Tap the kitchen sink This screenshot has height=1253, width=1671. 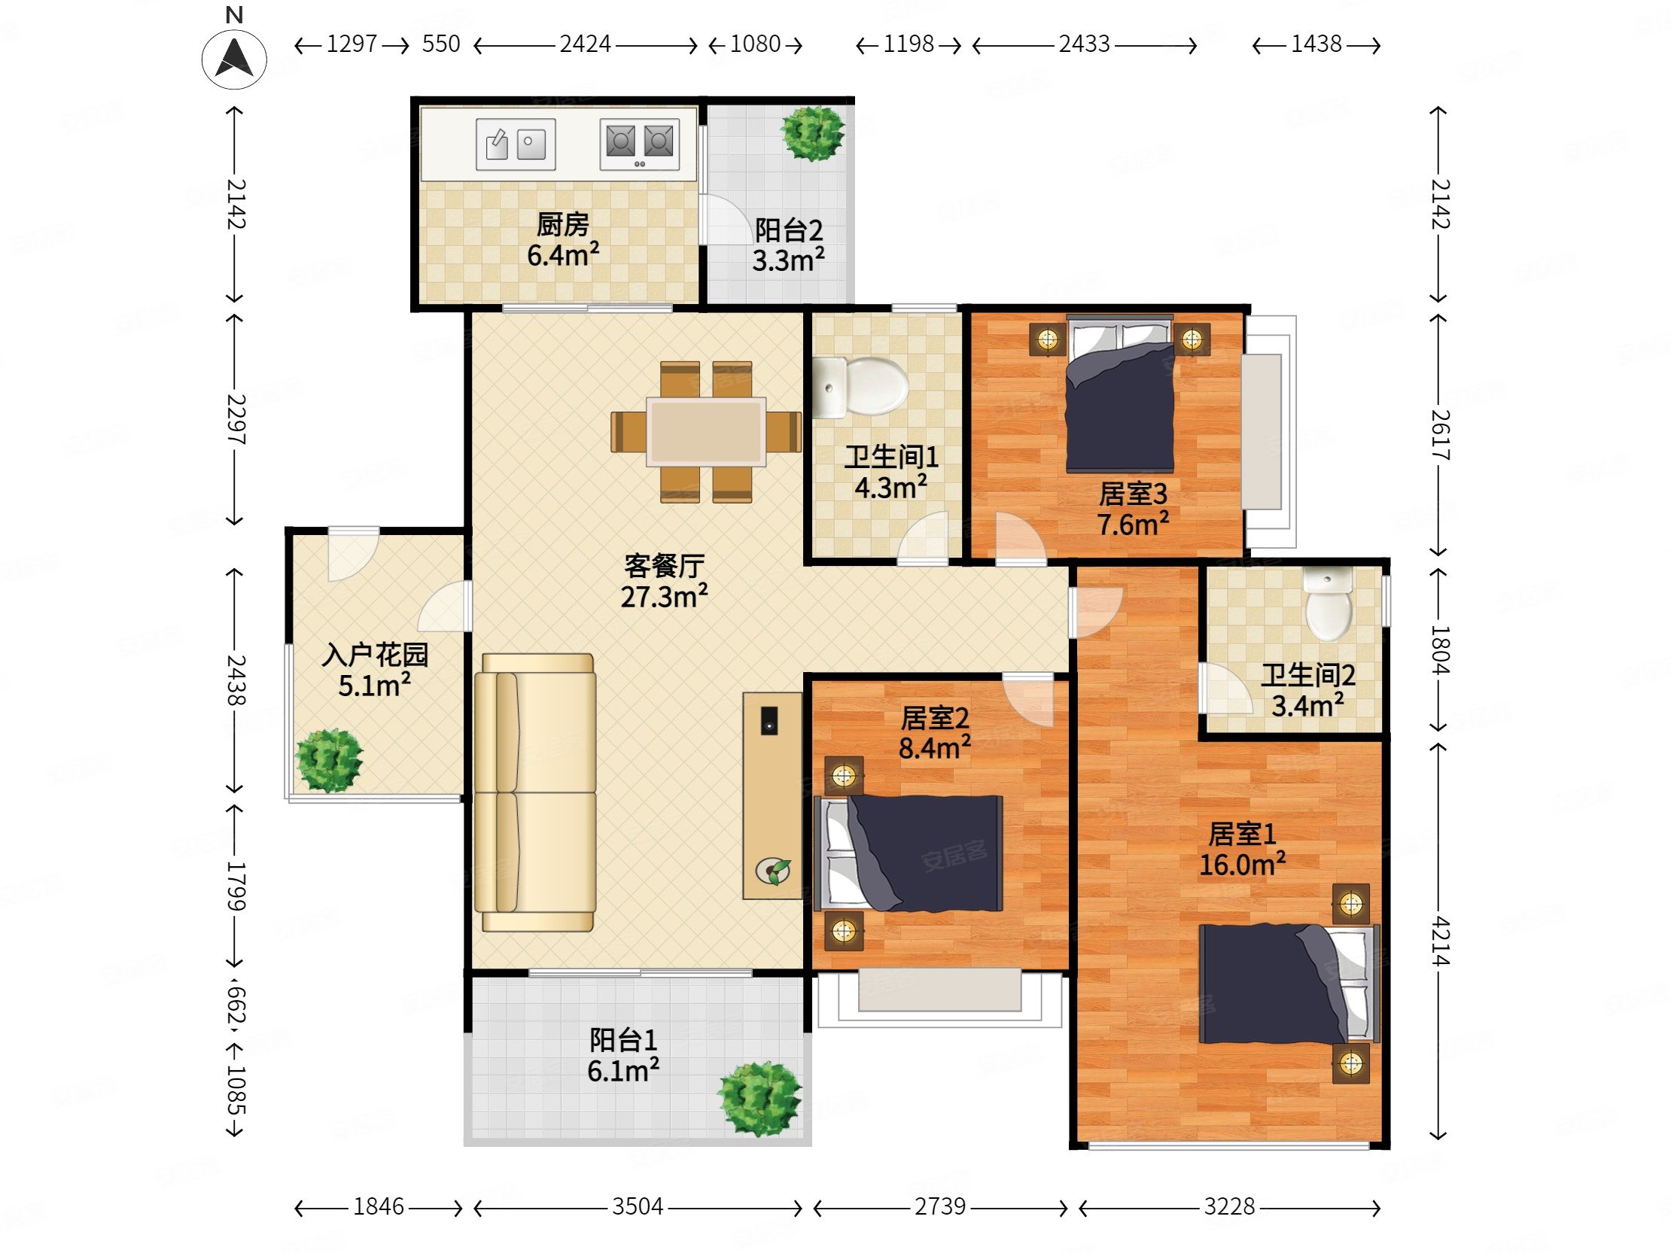tap(515, 144)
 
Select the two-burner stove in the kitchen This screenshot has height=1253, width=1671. tap(639, 144)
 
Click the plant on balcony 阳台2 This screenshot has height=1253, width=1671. tap(813, 133)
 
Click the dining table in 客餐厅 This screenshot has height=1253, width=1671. tap(706, 431)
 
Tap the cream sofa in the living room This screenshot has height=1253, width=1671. tap(535, 792)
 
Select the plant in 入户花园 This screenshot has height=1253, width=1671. tap(329, 760)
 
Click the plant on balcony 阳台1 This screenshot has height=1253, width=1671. tap(760, 1099)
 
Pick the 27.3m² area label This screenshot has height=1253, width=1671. tap(664, 597)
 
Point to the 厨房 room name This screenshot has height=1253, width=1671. tap(563, 224)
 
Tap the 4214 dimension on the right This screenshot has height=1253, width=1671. tap(1439, 941)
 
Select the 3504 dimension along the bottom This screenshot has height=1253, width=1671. tap(638, 1206)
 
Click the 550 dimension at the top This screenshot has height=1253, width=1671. tap(441, 44)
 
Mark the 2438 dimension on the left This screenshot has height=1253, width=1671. tap(236, 680)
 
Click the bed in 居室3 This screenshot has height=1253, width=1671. tap(1119, 394)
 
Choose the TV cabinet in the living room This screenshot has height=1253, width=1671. tap(772, 796)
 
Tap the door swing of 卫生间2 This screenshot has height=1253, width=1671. tap(1225, 687)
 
